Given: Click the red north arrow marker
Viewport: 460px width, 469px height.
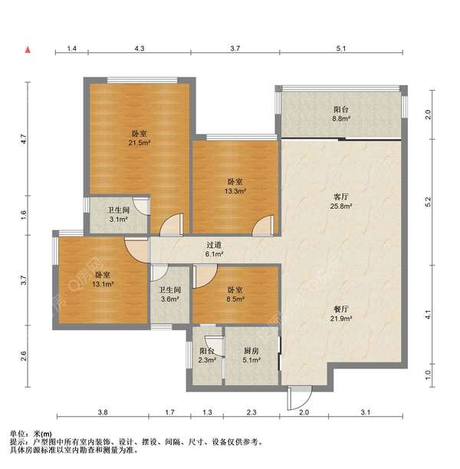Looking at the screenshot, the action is tap(28, 50).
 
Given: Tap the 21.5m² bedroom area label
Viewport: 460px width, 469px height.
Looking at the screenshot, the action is tap(140, 138).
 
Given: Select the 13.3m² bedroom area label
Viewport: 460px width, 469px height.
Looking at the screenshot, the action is tap(235, 187).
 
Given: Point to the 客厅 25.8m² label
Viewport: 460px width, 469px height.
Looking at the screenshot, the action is tap(341, 201).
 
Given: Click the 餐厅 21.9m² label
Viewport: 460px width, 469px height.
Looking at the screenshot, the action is tap(341, 314).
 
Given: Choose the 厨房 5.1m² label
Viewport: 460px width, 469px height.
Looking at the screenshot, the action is tap(251, 355).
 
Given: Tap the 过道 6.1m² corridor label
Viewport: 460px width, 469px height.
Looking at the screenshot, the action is tap(214, 249).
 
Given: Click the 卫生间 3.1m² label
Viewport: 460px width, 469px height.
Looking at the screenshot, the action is tap(118, 215).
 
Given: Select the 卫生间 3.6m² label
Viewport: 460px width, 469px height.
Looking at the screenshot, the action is tap(169, 294).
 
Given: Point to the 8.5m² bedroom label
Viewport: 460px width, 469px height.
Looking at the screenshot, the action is tap(235, 294).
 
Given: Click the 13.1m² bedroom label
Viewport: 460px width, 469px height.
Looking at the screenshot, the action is tap(103, 279).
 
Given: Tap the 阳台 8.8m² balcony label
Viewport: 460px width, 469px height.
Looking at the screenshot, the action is tap(341, 114).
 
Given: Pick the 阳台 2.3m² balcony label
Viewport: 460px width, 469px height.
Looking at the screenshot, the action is tap(207, 355).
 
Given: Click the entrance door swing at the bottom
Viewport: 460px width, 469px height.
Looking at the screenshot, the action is tap(300, 398).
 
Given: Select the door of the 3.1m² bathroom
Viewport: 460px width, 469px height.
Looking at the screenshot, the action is tap(141, 206).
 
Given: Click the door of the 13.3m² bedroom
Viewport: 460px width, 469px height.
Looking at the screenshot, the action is tap(263, 226).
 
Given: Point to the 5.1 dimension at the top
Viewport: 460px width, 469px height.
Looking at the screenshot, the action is tap(341, 48).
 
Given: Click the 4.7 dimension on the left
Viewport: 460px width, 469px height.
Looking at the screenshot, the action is tap(24, 140).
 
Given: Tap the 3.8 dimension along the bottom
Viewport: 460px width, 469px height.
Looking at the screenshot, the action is tap(103, 412).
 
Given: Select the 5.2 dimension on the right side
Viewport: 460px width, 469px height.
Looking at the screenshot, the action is tap(429, 202).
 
